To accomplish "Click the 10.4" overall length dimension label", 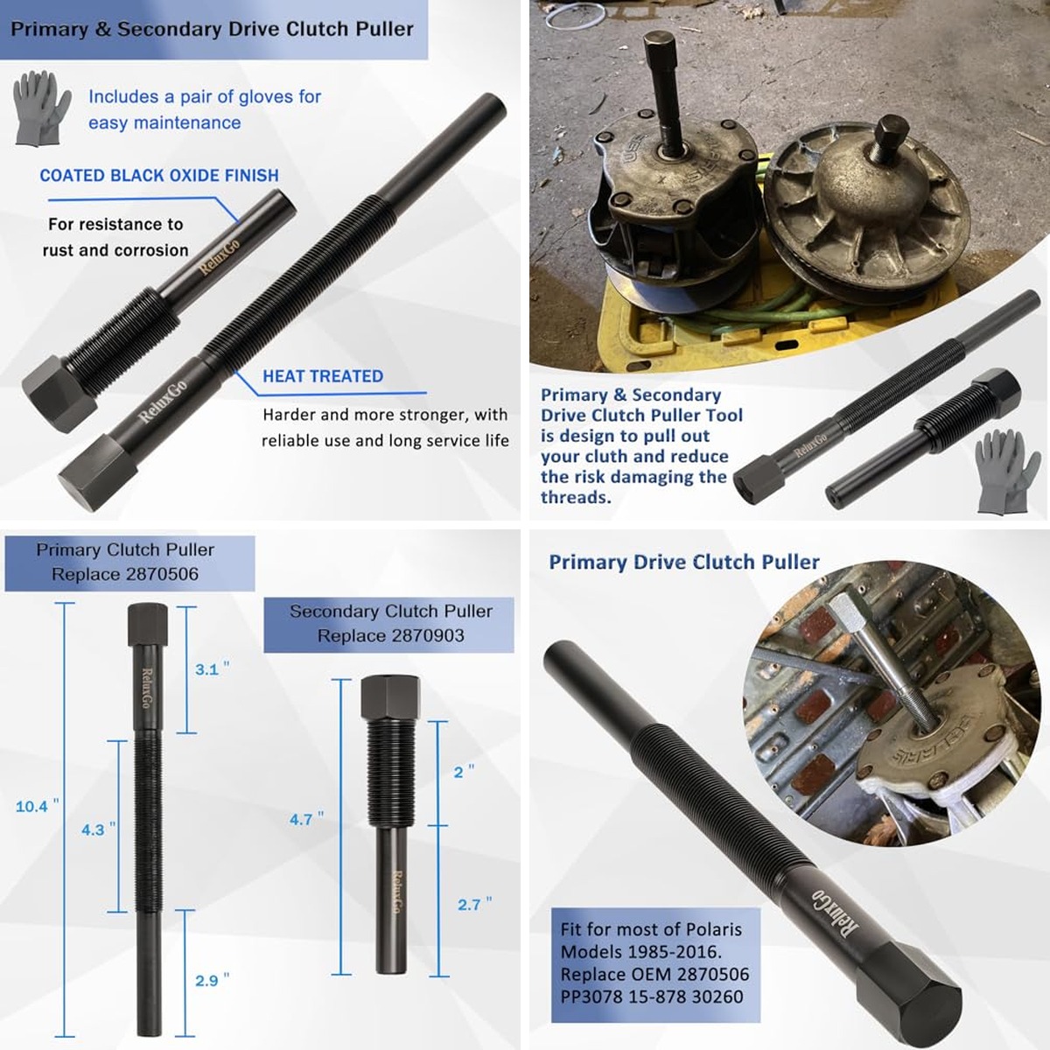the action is pyautogui.click(x=37, y=806).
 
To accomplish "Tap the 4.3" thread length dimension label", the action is pyautogui.click(x=98, y=829).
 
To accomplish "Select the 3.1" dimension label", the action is pyautogui.click(x=212, y=669).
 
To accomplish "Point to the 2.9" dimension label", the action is pyautogui.click(x=212, y=980).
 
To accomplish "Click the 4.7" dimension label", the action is pyautogui.click(x=306, y=819).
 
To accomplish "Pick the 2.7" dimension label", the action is pyautogui.click(x=474, y=905).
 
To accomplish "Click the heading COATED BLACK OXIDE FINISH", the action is pyautogui.click(x=159, y=176).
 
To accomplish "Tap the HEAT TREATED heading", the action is pyautogui.click(x=323, y=376).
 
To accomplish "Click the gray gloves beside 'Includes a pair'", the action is pyautogui.click(x=41, y=108).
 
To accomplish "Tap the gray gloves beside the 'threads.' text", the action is pyautogui.click(x=1000, y=472).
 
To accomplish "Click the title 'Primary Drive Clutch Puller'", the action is pyautogui.click(x=684, y=562).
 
